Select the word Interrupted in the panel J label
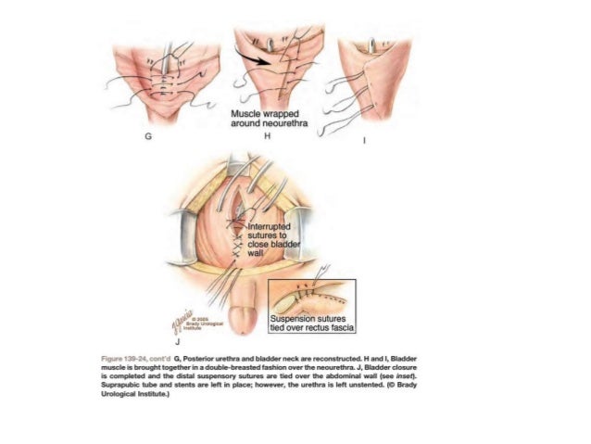[270, 226]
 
